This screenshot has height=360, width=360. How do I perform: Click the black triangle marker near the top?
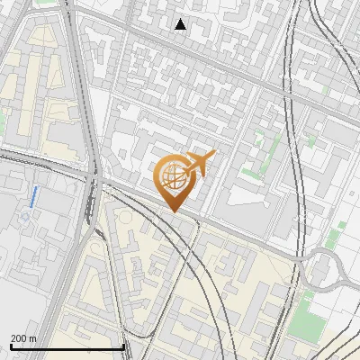(180, 24)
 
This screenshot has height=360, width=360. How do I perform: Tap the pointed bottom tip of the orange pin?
(171, 211)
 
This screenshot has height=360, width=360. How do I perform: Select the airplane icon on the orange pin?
(199, 163)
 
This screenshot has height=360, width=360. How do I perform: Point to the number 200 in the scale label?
(18, 338)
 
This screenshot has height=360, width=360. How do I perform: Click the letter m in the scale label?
(32, 338)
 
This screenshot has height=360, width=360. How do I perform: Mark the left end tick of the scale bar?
(12, 346)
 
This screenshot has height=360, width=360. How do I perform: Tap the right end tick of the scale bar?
(123, 346)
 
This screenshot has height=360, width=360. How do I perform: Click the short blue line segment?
(33, 195)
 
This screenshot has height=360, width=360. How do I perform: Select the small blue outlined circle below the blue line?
(25, 216)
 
